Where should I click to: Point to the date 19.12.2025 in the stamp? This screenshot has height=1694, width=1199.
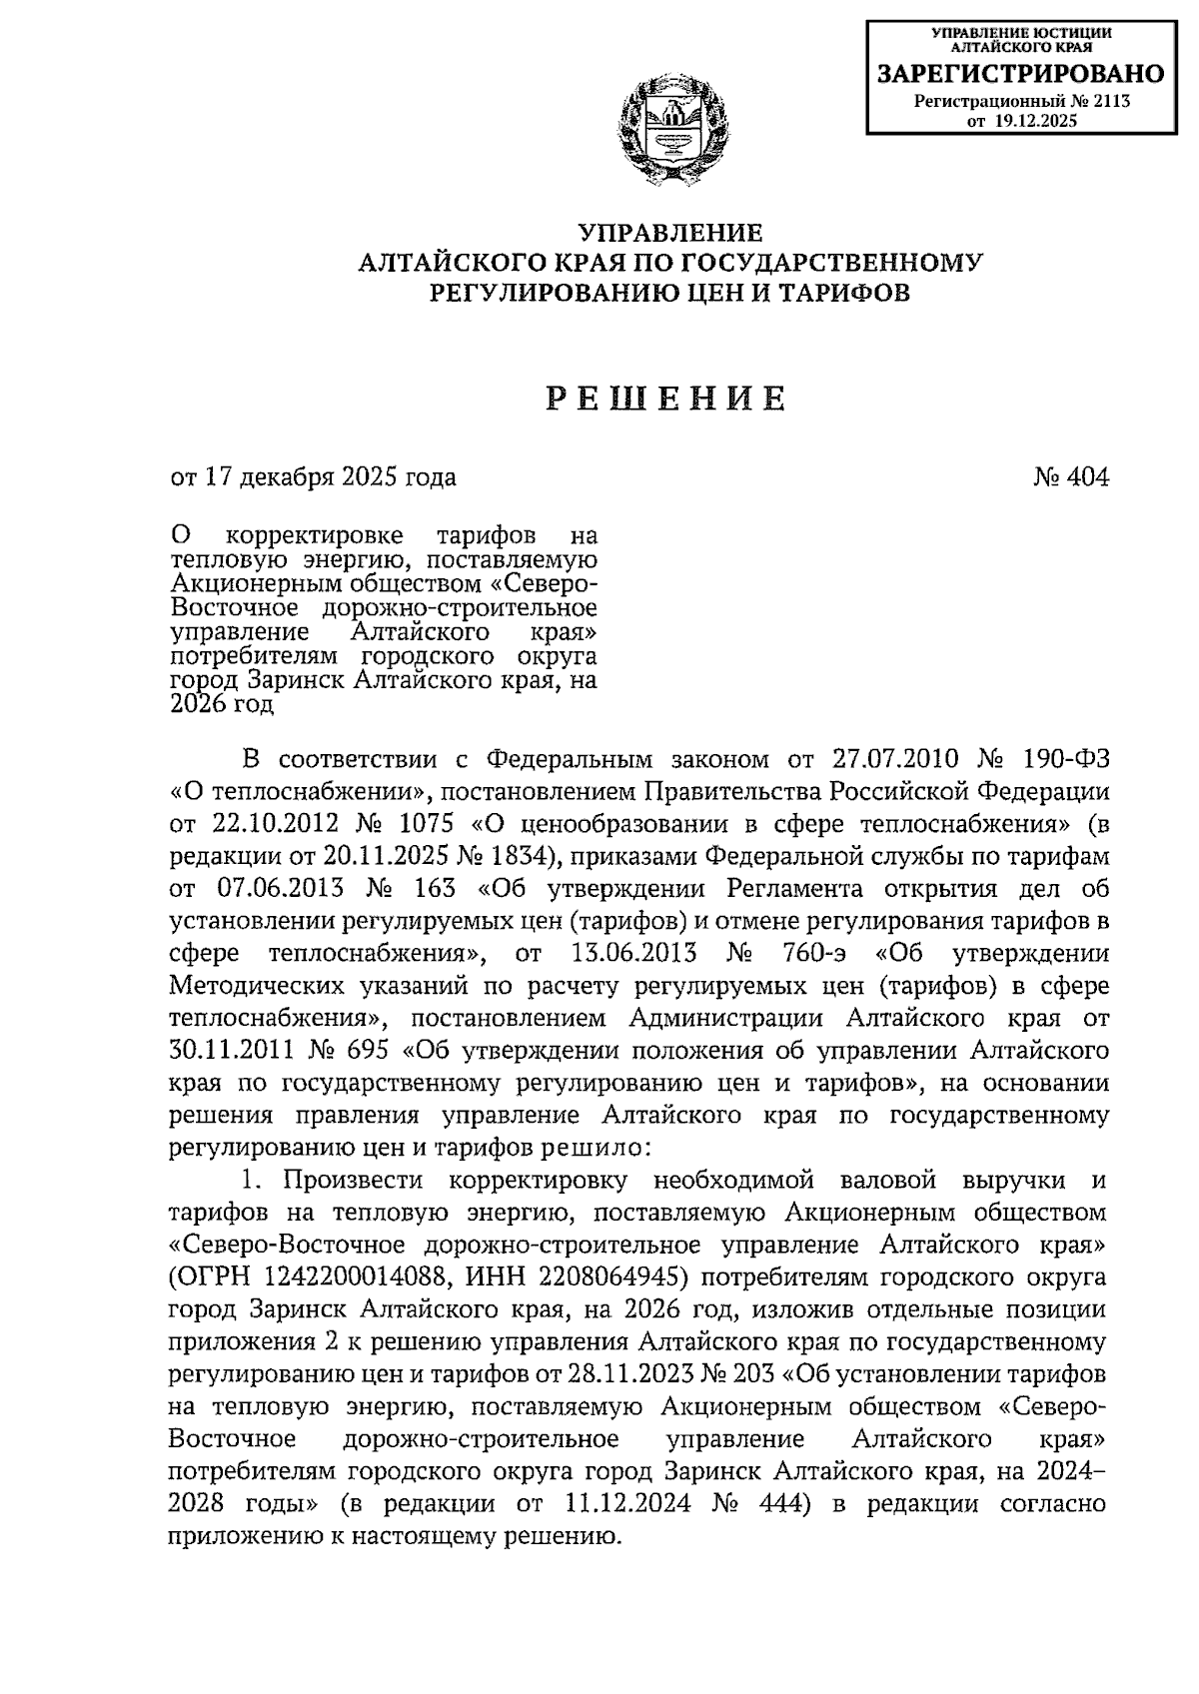pos(1034,121)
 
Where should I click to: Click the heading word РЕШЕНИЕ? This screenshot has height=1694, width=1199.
pos(665,399)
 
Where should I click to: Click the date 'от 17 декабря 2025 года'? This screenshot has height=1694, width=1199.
pos(313,477)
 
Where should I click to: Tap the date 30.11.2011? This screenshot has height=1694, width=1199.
pos(232,1051)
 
